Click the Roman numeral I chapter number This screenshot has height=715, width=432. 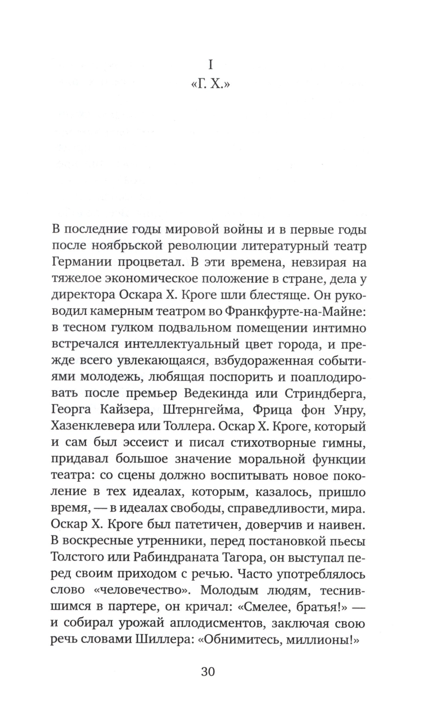click(x=211, y=65)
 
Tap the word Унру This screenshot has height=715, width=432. click(x=348, y=410)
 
